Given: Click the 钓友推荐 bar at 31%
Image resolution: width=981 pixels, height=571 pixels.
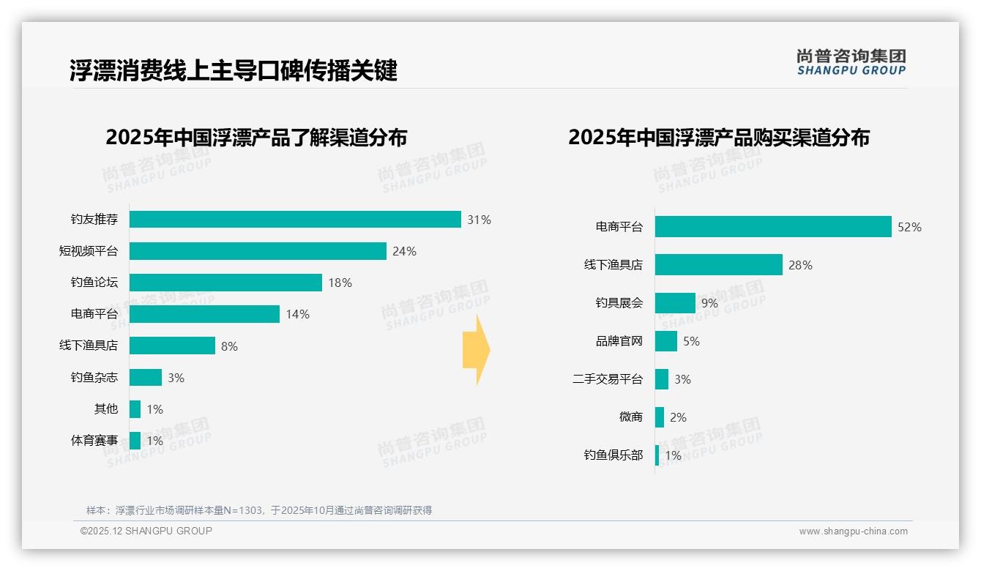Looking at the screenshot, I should click(295, 220).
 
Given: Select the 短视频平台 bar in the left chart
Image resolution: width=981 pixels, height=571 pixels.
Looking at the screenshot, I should click(258, 251).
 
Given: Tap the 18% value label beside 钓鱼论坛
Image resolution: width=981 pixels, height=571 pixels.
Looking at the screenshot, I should click(340, 283).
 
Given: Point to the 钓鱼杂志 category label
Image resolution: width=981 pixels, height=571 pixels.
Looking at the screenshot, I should click(94, 378).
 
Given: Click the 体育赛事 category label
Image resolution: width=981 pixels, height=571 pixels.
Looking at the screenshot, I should click(94, 441).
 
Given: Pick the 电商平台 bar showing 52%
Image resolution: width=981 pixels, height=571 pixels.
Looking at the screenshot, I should click(772, 227).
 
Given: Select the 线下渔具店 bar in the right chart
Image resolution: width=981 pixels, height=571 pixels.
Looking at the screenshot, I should click(718, 265).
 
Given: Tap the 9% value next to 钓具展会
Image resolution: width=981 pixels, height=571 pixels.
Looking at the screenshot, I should click(709, 303).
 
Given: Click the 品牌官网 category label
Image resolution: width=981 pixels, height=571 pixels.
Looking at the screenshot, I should click(619, 341).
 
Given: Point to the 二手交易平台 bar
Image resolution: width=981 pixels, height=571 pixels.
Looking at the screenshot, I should click(662, 379).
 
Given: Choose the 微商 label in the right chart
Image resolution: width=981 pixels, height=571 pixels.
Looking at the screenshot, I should click(630, 417).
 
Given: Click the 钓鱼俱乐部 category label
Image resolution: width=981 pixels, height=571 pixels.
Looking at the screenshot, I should click(613, 455).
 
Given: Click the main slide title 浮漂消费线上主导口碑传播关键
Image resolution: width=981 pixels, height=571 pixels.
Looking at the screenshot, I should click(233, 70).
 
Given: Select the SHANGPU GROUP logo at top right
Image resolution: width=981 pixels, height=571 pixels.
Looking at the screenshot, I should click(851, 62).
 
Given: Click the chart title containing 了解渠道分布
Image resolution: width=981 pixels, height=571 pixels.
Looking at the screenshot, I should click(256, 138).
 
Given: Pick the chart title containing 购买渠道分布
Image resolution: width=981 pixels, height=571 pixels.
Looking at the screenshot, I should click(718, 138).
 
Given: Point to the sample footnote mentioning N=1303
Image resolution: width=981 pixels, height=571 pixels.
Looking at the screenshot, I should click(259, 510).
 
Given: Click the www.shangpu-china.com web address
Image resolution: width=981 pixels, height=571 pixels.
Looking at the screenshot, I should click(853, 531).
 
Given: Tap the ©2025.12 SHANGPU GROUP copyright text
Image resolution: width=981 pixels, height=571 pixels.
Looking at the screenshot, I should click(146, 531).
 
